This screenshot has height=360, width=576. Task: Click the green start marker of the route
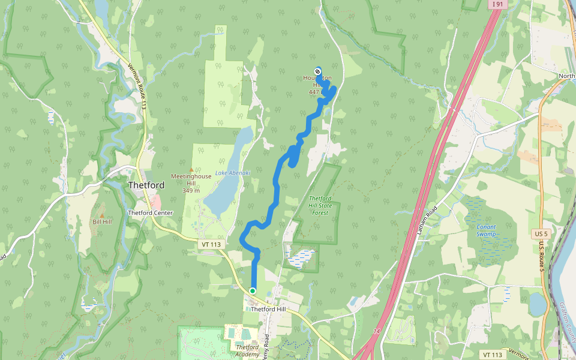click(253, 291)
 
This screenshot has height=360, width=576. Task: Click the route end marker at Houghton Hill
click(317, 72)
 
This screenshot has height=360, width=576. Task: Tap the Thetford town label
click(146, 185)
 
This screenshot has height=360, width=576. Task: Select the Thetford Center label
click(150, 213)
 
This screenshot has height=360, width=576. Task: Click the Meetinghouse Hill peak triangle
click(191, 170)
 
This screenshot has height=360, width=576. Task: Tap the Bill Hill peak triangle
click(102, 215)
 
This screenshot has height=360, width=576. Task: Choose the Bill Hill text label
click(102, 222)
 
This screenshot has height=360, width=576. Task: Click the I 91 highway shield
click(496, 4)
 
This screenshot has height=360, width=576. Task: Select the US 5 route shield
click(541, 233)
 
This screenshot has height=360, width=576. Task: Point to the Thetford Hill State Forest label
click(320, 205)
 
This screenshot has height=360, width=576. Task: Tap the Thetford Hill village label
click(268, 310)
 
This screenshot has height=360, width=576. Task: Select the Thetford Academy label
click(247, 350)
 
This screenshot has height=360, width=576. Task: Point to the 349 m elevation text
click(191, 191)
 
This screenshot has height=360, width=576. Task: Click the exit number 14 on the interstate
click(377, 331)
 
